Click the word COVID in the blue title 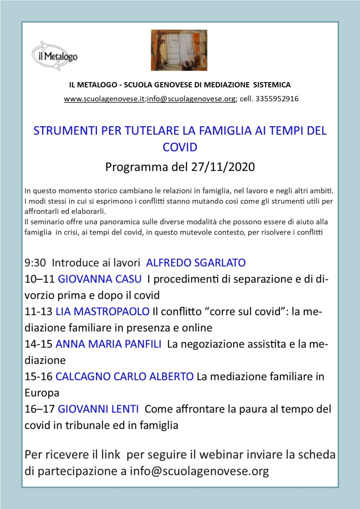coord(180,147)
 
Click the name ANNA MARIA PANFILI coord(108,344)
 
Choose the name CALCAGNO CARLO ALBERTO coord(125,377)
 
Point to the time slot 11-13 coord(38,312)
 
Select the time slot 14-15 coord(38,344)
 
